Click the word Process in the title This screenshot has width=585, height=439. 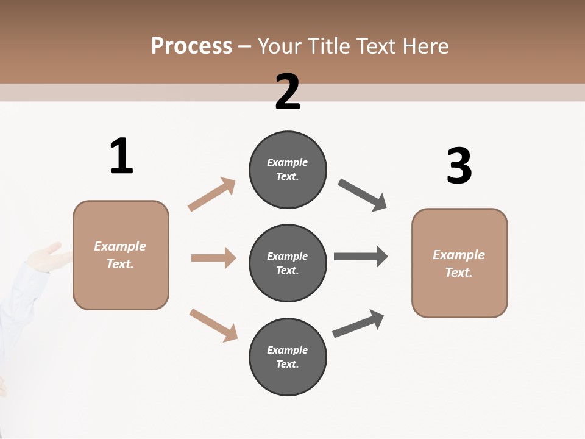pyautogui.click(x=191, y=46)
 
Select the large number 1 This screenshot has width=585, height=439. pyautogui.click(x=121, y=157)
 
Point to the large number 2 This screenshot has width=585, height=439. pyautogui.click(x=288, y=92)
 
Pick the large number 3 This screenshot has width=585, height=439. pyautogui.click(x=459, y=166)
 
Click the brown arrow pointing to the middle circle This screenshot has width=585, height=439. pyautogui.click(x=213, y=258)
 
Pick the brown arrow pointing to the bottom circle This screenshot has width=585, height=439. pyautogui.click(x=213, y=324)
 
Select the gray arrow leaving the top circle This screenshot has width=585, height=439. pyautogui.click(x=363, y=195)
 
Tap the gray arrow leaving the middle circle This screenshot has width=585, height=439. pyautogui.click(x=361, y=256)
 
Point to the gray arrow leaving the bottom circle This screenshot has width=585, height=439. pyautogui.click(x=358, y=323)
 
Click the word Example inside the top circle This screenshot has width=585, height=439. pyautogui.click(x=288, y=162)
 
